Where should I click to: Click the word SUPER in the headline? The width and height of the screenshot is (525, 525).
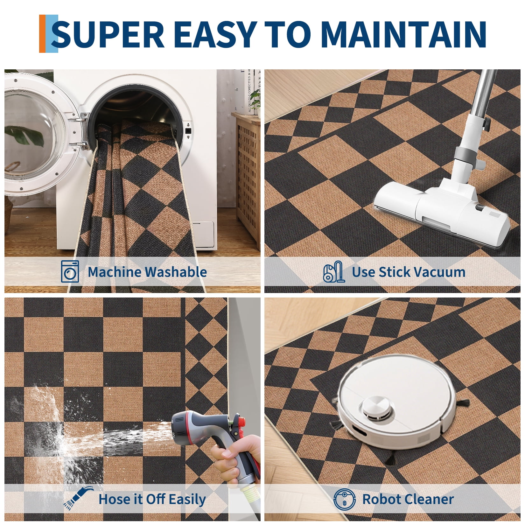108,34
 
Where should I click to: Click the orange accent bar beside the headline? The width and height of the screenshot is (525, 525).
42,34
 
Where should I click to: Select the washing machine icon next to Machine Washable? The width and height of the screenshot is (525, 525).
70,271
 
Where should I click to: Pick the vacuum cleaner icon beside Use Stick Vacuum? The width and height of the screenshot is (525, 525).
334,272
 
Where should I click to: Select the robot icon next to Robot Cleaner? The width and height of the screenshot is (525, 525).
345,499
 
